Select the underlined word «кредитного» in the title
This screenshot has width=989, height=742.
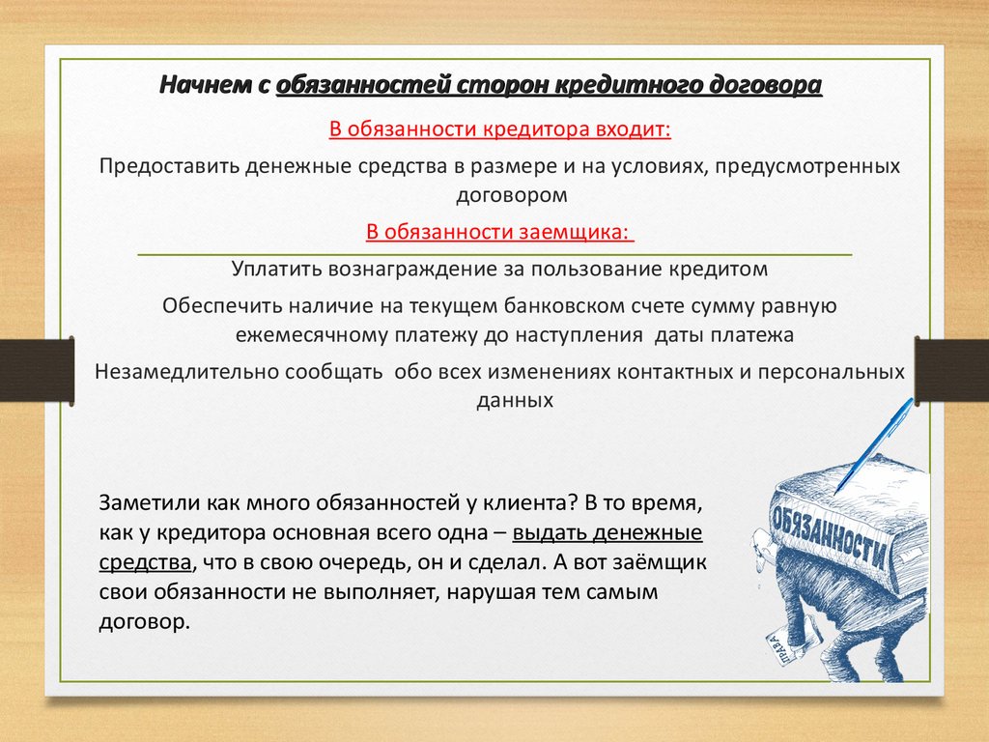[x=631, y=85]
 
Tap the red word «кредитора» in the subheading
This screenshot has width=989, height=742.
[x=536, y=128]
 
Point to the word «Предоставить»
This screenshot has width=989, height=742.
[x=169, y=166]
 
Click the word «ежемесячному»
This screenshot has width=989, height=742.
[x=311, y=334]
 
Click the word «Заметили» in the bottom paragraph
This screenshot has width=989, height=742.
[x=143, y=502]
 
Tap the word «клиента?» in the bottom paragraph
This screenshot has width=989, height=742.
[x=531, y=503]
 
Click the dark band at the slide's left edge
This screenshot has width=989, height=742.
[x=38, y=370]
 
